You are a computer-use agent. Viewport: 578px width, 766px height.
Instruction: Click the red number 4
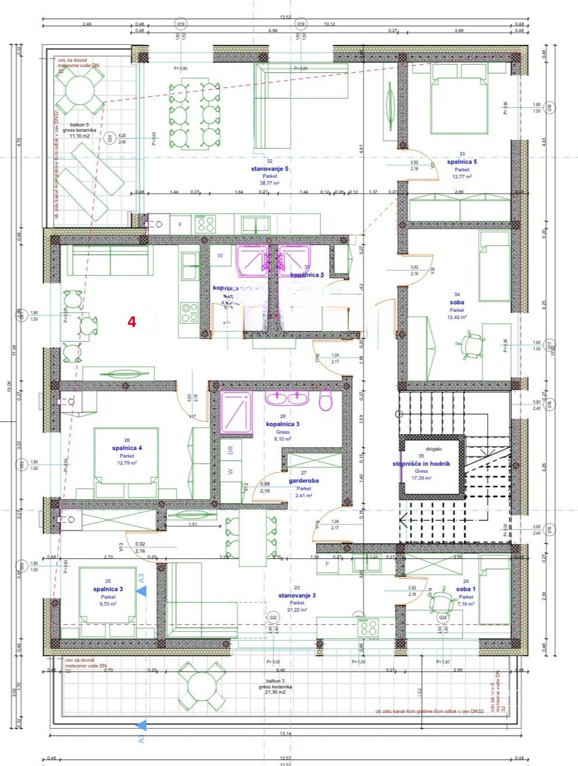point(132,321)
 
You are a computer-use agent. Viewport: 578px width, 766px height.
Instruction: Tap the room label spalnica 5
point(462,162)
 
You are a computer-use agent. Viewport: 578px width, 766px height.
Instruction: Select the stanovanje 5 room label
point(269,169)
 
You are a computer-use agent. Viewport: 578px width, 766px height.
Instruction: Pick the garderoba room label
point(303,481)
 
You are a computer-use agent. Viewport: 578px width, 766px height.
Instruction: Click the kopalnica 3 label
point(282,424)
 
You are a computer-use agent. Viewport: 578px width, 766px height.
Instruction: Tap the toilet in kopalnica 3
point(325,400)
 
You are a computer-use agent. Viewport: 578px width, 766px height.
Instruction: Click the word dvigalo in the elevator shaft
point(433,448)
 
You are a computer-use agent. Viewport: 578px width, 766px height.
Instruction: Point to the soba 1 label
point(466,589)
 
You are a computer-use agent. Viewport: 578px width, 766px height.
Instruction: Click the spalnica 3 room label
point(108,589)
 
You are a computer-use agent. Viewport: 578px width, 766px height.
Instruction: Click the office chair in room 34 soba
point(472,345)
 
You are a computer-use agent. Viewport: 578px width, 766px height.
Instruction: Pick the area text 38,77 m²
point(269,183)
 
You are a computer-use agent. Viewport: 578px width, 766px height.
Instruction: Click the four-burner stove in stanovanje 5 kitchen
point(206,224)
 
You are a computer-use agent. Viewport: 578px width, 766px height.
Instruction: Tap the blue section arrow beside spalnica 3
point(141,591)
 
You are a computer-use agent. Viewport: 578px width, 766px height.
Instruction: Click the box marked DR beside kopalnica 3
point(230,451)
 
